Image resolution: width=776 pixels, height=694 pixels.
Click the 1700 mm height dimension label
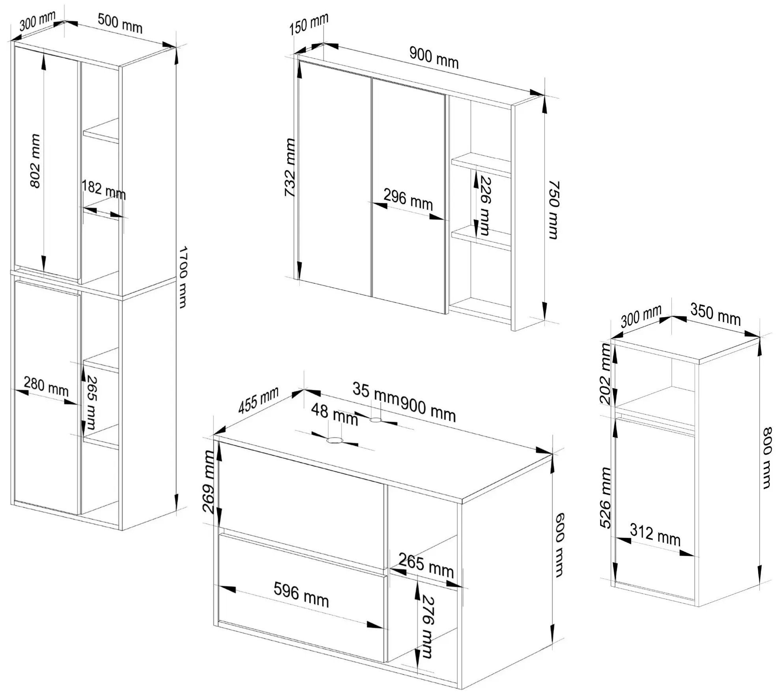pyautogui.click(x=182, y=277)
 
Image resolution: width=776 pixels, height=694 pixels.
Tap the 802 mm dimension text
pyautogui.click(x=35, y=161)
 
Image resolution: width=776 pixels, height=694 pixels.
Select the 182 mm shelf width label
pyautogui.click(x=104, y=190)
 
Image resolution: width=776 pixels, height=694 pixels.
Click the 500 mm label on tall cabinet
pyautogui.click(x=120, y=23)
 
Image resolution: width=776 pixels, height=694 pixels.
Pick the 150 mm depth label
pyautogui.click(x=309, y=24)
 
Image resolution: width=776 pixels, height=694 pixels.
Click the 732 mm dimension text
pyautogui.click(x=290, y=167)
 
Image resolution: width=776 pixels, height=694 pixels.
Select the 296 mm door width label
pyautogui.click(x=408, y=200)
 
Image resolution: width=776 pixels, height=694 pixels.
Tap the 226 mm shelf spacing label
pyautogui.click(x=485, y=206)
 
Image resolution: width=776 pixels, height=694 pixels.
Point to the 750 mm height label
pyautogui.click(x=554, y=210)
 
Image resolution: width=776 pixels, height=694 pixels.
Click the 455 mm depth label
pyautogui.click(x=258, y=400)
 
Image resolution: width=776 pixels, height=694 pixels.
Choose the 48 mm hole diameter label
pyautogui.click(x=335, y=415)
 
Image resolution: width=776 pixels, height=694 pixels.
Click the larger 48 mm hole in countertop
pyautogui.click(x=335, y=441)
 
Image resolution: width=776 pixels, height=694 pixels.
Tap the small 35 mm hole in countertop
pyautogui.click(x=376, y=420)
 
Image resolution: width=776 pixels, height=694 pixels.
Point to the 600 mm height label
pyautogui.click(x=559, y=545)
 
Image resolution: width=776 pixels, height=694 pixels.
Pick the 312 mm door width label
pyautogui.click(x=655, y=535)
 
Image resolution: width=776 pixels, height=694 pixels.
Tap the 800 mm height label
pyautogui.click(x=766, y=458)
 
